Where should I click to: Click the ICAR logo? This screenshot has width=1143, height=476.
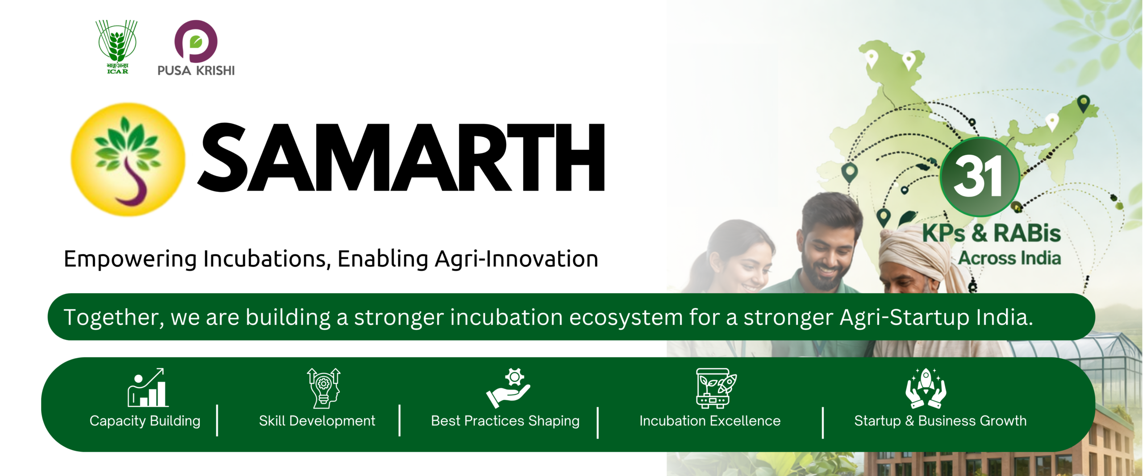[x=117, y=47]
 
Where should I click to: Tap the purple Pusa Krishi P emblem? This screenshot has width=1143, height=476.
[x=196, y=41]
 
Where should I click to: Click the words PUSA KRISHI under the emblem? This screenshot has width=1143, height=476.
[x=196, y=70]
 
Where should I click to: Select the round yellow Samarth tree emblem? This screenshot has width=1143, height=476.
[x=128, y=160]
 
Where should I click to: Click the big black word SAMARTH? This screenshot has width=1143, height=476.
[x=401, y=157]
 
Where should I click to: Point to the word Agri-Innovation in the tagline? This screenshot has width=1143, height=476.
[x=517, y=259]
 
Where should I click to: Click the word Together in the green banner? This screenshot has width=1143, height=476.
[x=114, y=317]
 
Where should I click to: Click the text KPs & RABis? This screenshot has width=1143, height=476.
[x=991, y=233]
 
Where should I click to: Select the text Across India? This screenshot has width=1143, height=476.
[x=1010, y=258]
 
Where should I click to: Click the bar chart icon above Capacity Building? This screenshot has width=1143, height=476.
[x=148, y=388]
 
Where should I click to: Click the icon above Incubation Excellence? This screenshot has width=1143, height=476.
[x=716, y=388]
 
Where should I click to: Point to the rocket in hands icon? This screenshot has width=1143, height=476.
[x=926, y=388]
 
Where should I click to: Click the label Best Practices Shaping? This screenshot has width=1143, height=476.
[x=505, y=421]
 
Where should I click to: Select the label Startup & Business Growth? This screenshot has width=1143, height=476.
[x=940, y=421]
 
